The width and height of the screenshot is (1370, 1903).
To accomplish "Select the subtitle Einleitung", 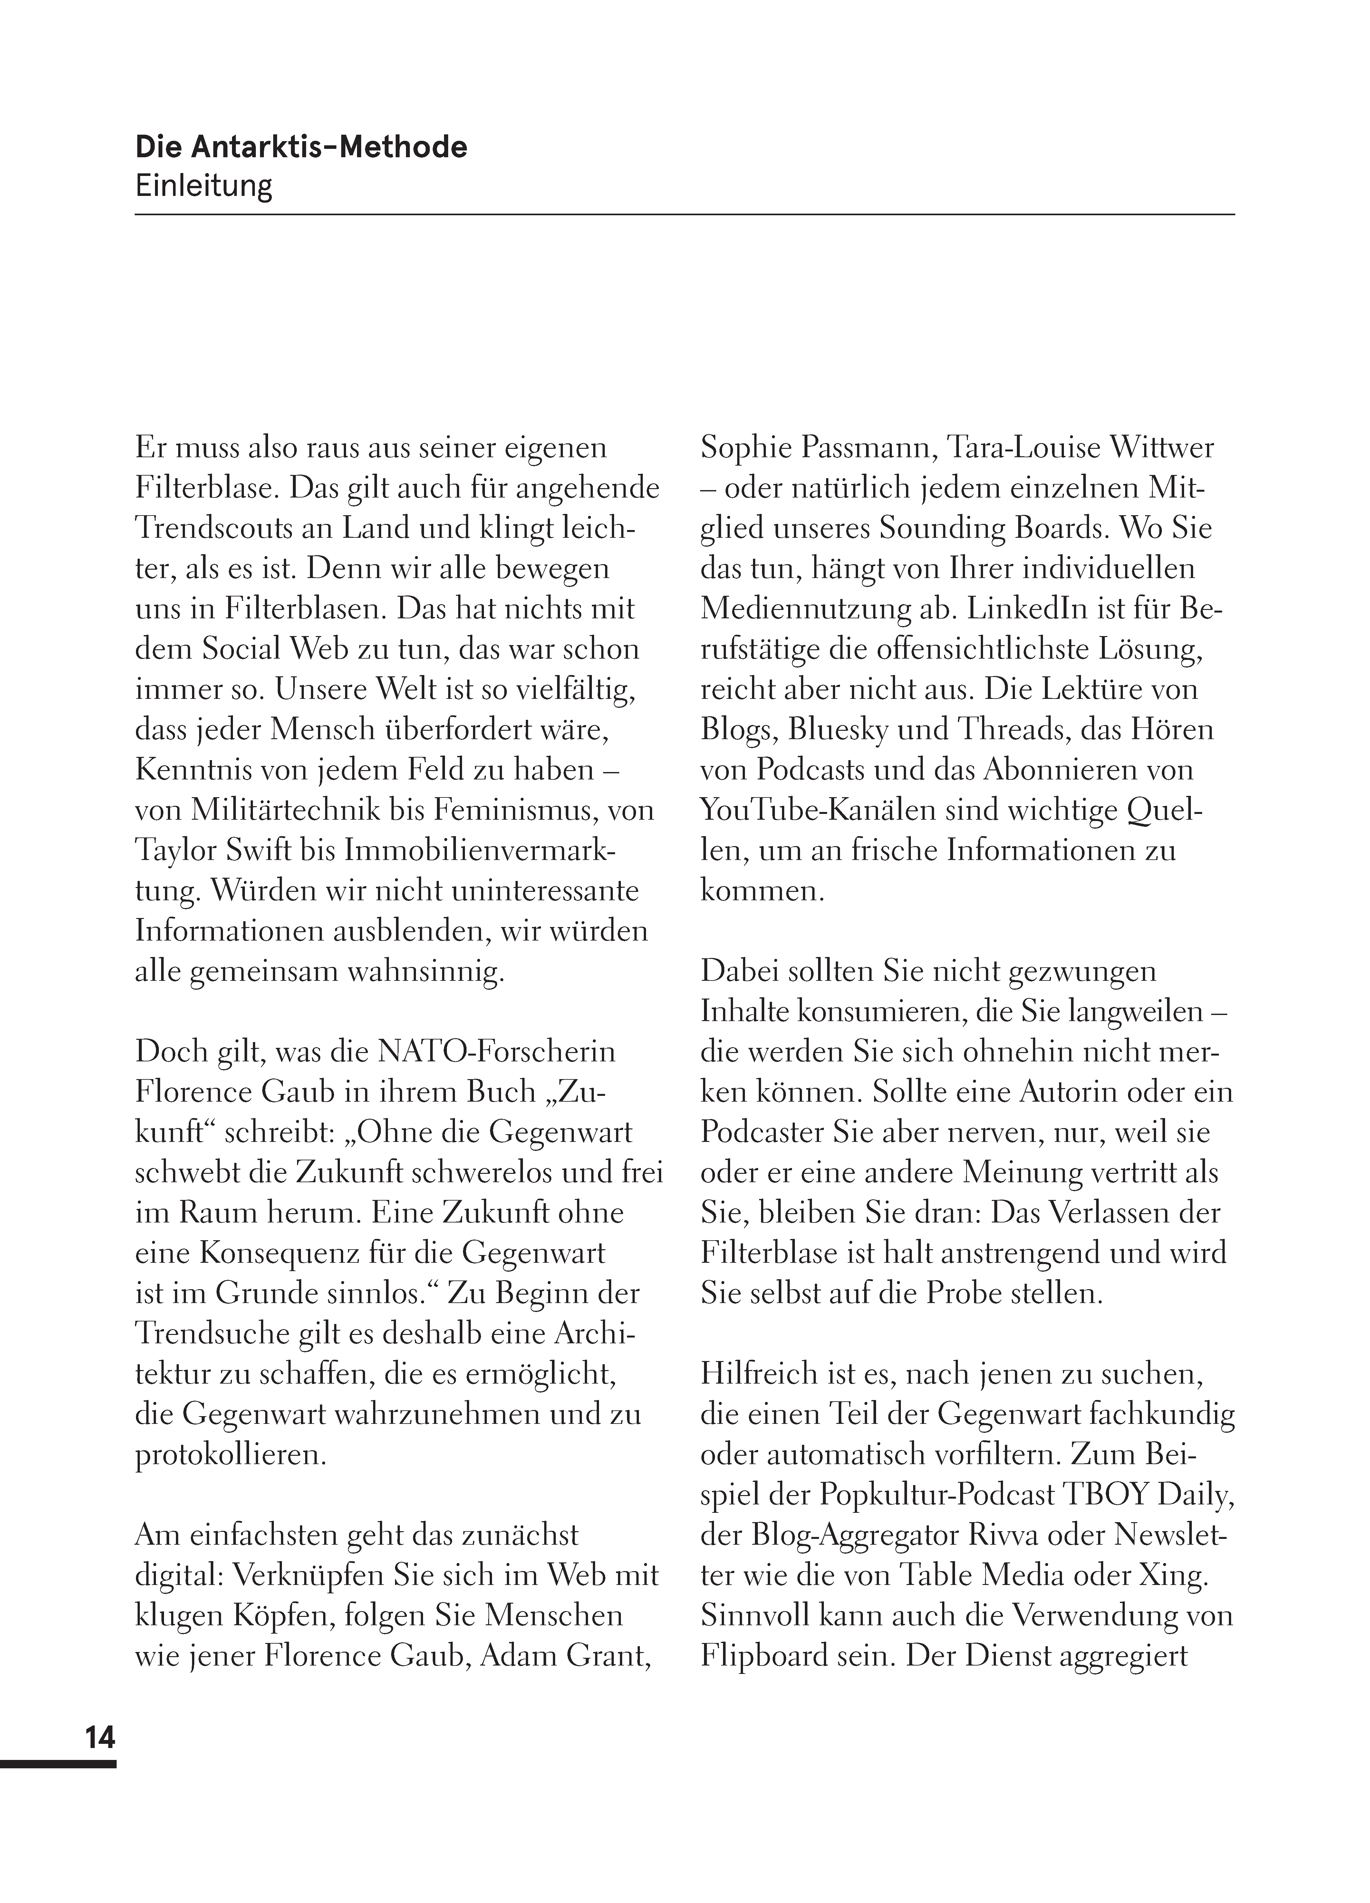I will [x=204, y=185].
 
